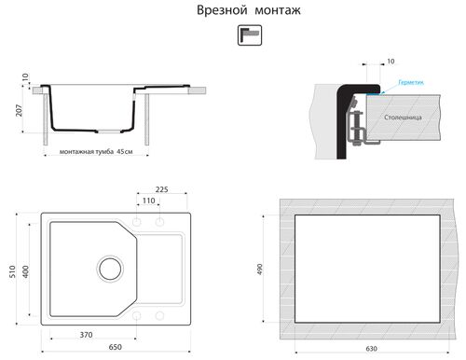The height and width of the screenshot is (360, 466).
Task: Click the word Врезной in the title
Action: tap(220, 11)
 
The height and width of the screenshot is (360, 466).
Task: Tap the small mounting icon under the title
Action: tap(249, 35)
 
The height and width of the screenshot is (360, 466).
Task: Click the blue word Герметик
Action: tap(410, 83)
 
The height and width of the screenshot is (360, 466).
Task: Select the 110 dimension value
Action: tap(148, 201)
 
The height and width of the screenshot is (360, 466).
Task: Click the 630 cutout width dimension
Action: tap(372, 349)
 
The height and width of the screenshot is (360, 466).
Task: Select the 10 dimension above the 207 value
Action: tap(25, 78)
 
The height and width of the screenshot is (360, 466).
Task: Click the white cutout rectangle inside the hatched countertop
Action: tap(372, 270)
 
